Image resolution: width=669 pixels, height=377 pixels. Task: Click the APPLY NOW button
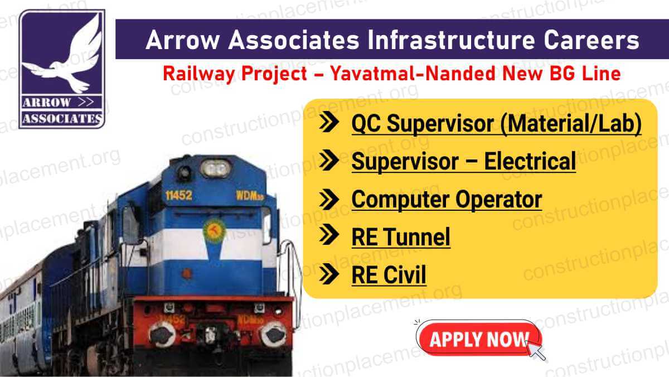coord(478,339)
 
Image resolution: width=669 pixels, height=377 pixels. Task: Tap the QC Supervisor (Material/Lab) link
coord(496,124)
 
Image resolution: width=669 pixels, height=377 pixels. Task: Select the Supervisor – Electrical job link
coord(463,162)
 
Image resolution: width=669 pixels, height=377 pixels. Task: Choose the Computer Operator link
coord(446,199)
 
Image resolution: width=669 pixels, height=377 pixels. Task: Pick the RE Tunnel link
coord(400,238)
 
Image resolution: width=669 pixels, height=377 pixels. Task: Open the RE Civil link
coord(389,275)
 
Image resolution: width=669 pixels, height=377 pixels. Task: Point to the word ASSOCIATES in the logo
coord(62,118)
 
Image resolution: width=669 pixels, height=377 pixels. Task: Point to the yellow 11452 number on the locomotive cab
coord(177,196)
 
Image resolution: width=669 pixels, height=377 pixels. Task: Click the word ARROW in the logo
coord(47,102)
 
